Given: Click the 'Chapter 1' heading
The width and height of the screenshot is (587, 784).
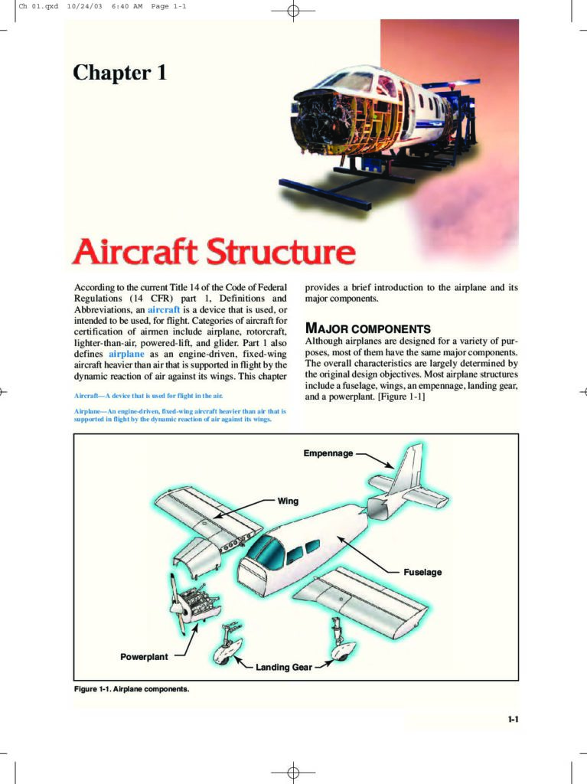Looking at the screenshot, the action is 119,73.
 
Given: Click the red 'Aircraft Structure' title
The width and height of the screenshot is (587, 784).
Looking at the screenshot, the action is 214,251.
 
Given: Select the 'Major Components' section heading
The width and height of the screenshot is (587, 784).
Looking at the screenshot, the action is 367,328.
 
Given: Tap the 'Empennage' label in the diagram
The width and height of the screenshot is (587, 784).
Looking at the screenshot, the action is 328,453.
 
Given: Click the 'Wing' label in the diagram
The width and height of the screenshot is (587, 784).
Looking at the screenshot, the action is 288,501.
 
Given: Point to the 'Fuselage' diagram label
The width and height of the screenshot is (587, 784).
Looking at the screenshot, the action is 422,572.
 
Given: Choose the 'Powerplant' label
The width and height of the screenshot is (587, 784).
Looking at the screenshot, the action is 144,656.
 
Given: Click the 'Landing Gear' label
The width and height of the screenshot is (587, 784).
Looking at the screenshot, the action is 283,667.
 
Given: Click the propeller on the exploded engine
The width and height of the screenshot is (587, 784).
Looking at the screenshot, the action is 178,604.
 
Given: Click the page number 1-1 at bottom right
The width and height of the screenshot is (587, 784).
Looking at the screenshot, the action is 513,719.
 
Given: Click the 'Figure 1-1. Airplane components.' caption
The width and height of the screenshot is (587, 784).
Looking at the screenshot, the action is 132,689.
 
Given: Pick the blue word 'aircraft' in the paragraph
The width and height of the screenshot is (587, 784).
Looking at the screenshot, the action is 164,309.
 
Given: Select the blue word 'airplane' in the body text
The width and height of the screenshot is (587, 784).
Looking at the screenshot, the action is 126,354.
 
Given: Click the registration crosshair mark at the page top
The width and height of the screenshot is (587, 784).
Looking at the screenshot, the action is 294,11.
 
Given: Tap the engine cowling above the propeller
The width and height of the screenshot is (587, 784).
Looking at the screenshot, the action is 197,553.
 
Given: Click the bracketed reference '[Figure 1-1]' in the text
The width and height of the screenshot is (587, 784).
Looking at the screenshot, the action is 402,397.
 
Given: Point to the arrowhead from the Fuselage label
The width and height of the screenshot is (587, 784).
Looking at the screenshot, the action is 341,538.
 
